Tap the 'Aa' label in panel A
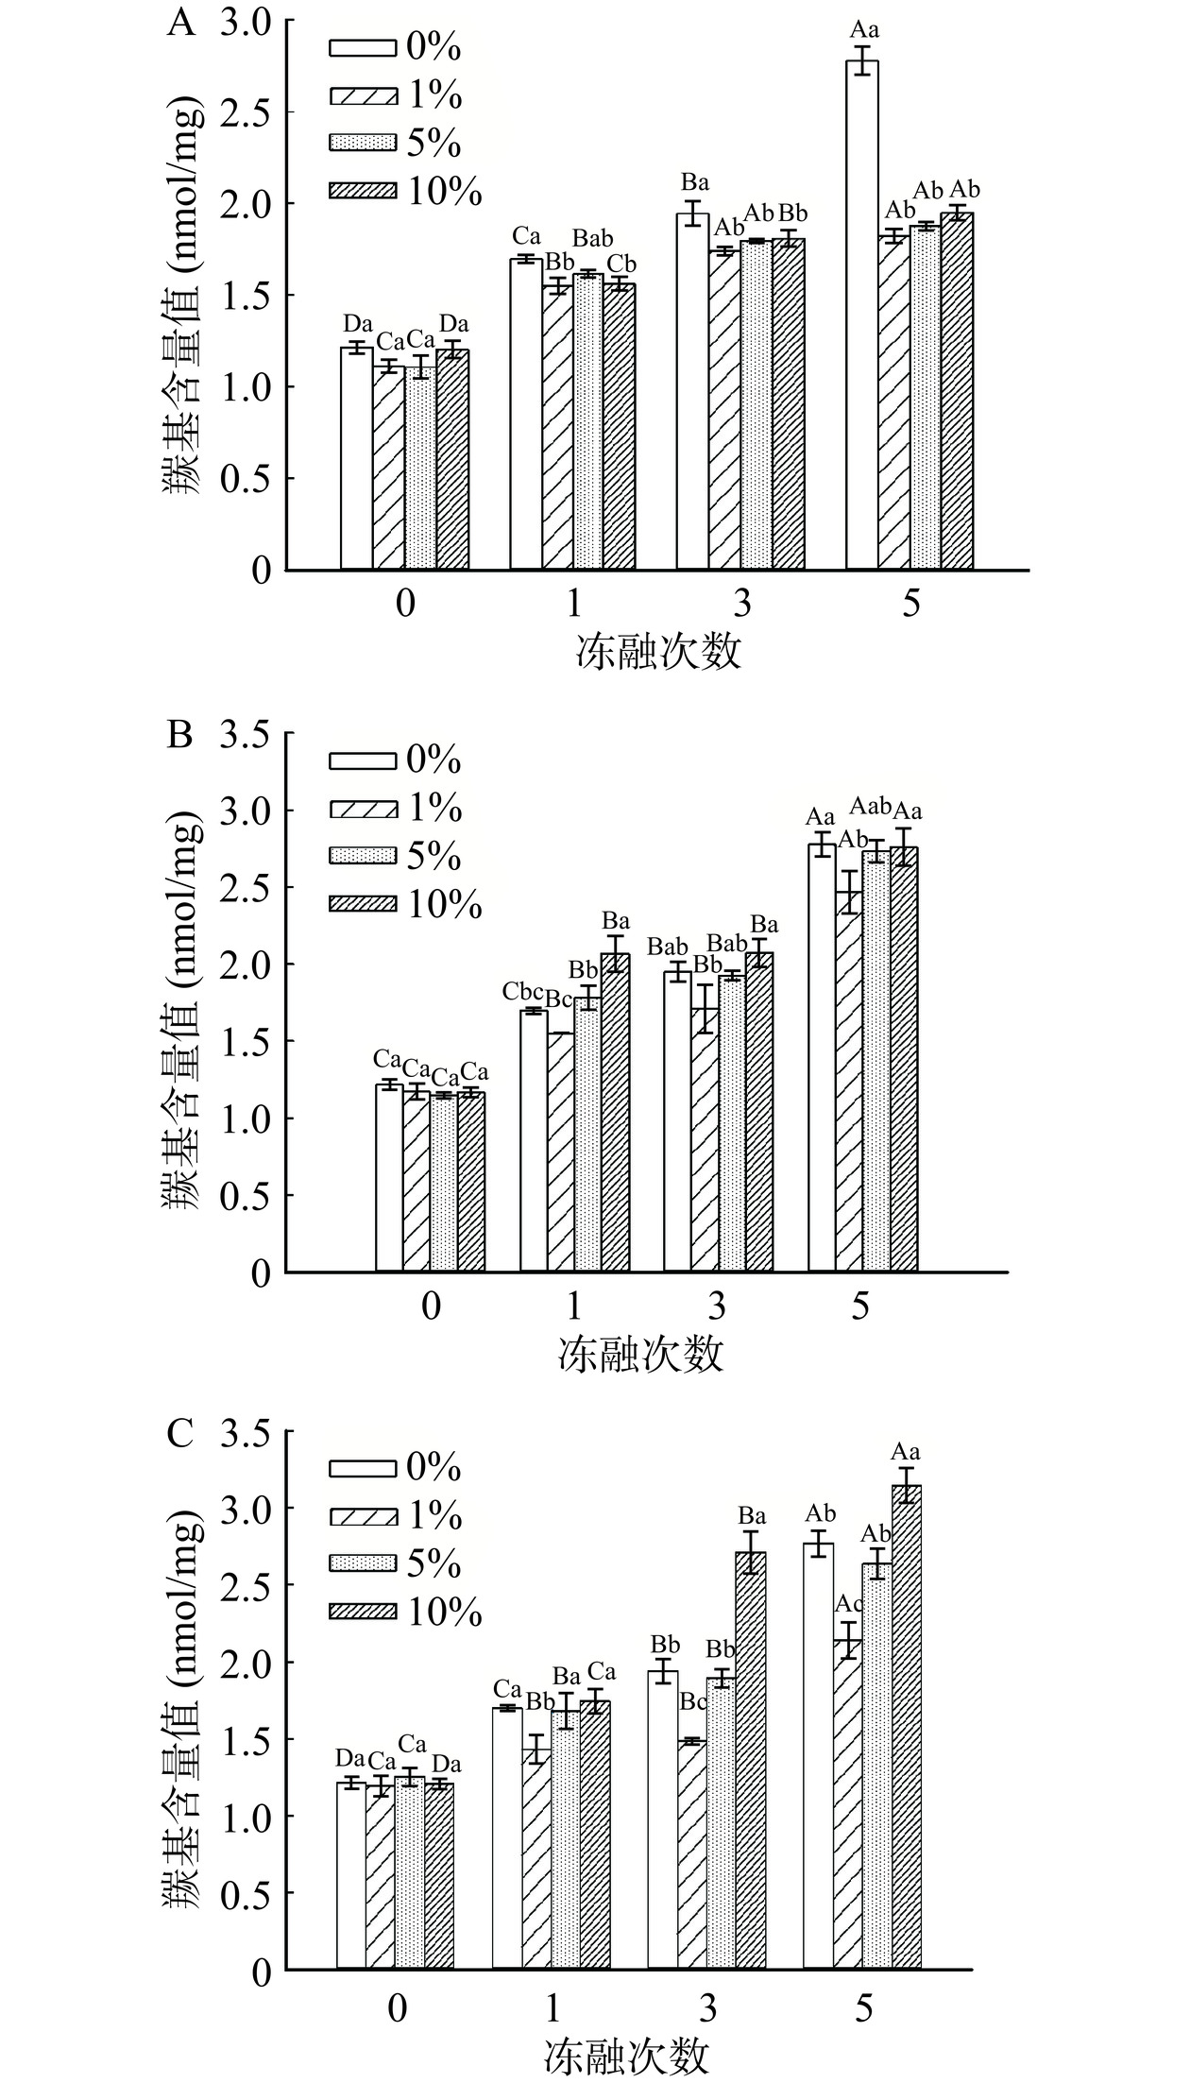click(x=861, y=30)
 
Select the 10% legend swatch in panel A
click(x=363, y=192)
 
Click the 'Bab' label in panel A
click(x=592, y=238)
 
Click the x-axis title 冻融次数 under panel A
click(x=658, y=652)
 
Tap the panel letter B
click(x=179, y=735)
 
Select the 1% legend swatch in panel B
click(x=363, y=809)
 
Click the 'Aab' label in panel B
click(x=871, y=806)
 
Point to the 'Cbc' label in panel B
click(x=522, y=991)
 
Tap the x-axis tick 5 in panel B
click(x=859, y=1306)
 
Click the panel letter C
click(x=179, y=1434)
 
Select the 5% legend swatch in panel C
click(x=363, y=1564)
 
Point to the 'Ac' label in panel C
click(x=849, y=1603)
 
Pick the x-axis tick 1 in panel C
click(x=552, y=2006)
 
